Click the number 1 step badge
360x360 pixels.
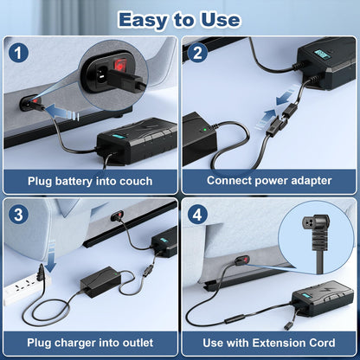(19, 52)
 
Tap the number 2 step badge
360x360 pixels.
(199, 52)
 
